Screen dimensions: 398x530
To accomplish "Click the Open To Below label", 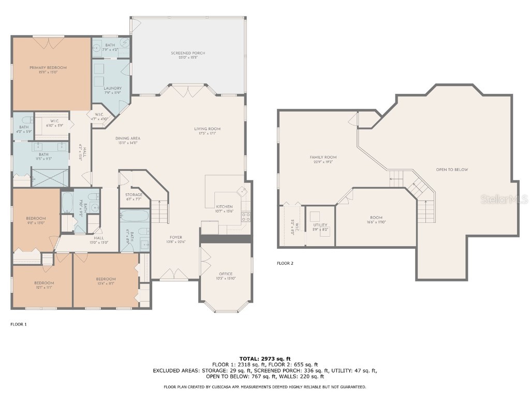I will coord(452,169).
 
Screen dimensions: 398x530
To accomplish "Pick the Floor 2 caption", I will coord(285,263).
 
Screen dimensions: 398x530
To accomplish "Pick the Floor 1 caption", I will coord(18,324).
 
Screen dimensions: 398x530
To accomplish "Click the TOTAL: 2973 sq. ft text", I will coord(265,359).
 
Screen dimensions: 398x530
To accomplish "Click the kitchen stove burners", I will coord(246,217).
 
